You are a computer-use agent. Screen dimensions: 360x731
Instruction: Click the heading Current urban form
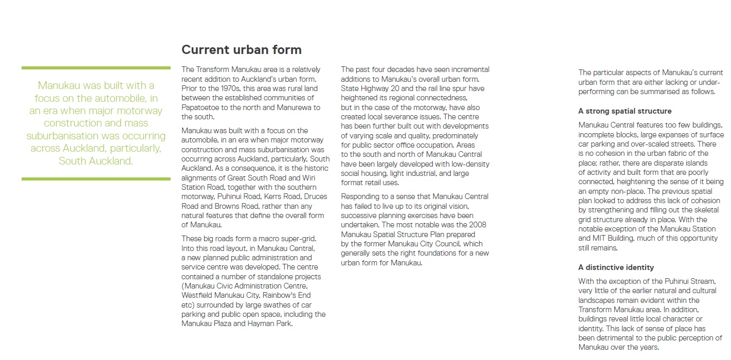pos(241,50)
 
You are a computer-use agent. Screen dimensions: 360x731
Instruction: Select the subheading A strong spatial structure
pos(625,111)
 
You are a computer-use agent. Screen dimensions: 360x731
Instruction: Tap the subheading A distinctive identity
pos(616,267)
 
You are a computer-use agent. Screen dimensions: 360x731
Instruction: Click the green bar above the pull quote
pos(96,68)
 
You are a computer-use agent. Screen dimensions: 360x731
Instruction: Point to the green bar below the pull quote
pos(96,179)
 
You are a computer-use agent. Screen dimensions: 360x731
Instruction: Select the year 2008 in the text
pos(476,225)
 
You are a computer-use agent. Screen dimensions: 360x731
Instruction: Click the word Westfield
pos(198,295)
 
